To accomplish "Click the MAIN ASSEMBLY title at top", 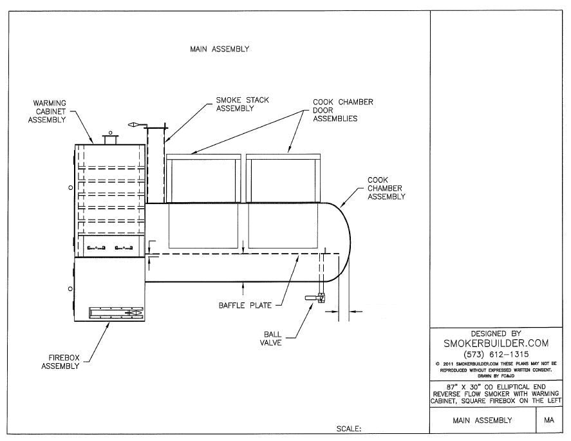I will point(219,49).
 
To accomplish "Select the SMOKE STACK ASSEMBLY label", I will point(242,104).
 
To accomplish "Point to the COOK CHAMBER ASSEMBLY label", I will point(386,188).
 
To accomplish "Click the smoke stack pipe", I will point(155,165).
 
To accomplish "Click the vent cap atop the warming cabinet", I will point(109,138).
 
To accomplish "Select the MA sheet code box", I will point(548,420).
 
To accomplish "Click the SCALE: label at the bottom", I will point(350,428).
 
